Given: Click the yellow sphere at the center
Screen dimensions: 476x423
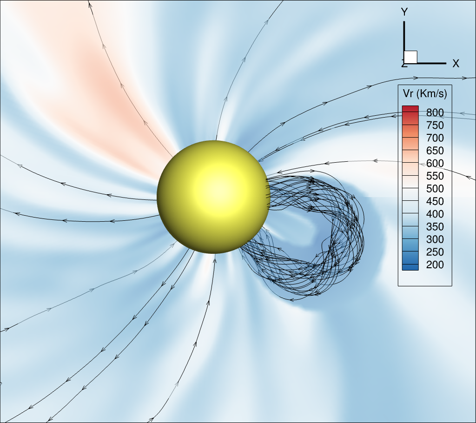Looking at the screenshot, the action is click(213, 197).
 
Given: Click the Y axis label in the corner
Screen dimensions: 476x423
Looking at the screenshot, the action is click(404, 12).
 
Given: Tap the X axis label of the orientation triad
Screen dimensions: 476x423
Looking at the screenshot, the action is click(456, 64).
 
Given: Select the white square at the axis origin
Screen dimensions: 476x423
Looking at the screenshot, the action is click(410, 57).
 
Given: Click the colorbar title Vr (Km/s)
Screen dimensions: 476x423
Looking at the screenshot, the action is click(425, 93).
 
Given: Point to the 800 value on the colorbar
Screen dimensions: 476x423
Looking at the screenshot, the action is click(435, 112).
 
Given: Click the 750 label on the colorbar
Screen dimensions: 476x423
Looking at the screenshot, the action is click(435, 126).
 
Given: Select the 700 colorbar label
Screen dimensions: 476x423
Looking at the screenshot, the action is click(435, 138).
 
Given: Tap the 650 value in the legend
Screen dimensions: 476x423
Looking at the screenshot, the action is click(435, 151).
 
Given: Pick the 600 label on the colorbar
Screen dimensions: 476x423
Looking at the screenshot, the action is click(435, 163).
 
